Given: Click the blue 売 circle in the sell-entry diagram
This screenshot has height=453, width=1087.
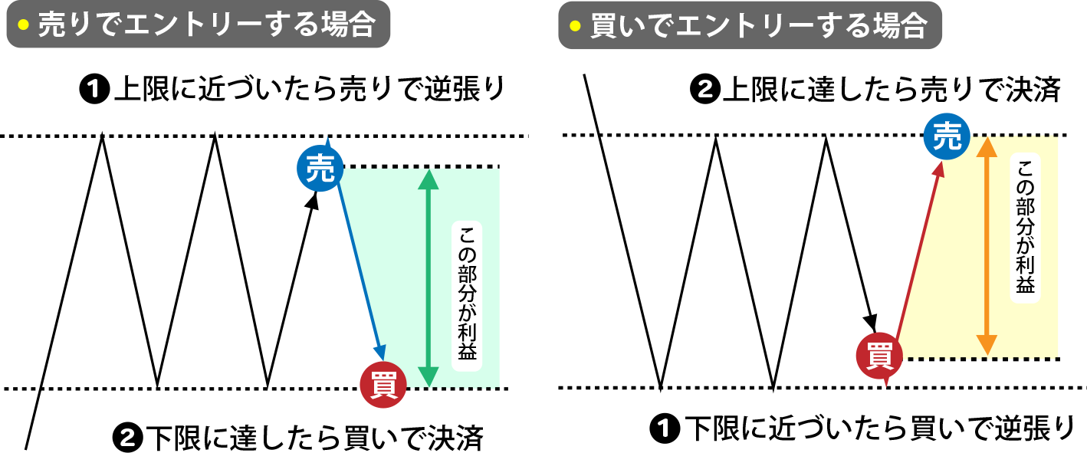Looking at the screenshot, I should point(320,169).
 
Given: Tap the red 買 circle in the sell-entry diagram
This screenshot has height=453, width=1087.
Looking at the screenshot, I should point(383,385).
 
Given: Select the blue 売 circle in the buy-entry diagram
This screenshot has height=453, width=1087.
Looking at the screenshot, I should point(947,136).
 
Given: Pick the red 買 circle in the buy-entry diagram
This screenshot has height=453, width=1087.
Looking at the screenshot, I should point(878,356).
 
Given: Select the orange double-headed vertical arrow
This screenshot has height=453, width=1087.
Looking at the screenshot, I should point(987,245).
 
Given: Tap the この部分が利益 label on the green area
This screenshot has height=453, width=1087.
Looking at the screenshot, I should point(467,296).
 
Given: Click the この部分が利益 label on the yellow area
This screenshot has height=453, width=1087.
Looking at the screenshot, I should point(1025,228).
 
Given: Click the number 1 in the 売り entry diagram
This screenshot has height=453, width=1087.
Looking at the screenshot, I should point(94,90).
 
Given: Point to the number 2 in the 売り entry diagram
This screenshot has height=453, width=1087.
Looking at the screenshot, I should point(127,438).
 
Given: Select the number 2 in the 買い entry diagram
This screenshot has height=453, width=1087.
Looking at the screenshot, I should point(705,90).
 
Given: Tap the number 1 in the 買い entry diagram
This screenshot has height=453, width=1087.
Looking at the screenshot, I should point(664,428).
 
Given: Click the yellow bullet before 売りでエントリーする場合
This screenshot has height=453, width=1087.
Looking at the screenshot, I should point(23,25).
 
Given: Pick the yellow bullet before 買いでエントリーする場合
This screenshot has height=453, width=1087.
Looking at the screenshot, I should point(575,26).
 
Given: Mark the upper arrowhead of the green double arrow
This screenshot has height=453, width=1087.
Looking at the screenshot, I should point(429,179).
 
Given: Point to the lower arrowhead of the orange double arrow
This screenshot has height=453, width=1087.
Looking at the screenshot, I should point(987,345).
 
